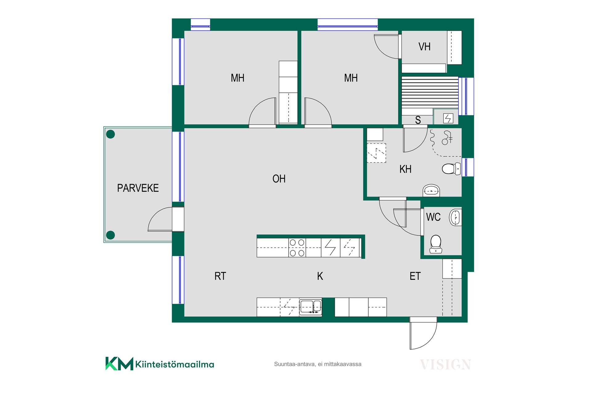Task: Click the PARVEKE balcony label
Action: [138, 188]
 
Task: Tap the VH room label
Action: [424, 47]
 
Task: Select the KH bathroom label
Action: [405, 169]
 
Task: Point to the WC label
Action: [433, 217]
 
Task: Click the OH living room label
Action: [279, 179]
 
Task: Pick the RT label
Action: [220, 276]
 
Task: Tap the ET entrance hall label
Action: [415, 276]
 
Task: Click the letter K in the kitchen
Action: [320, 276]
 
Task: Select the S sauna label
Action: [418, 120]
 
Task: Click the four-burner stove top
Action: [297, 248]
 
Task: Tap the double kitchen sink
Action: [310, 307]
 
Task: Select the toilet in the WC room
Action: [436, 244]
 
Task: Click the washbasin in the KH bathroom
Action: [431, 190]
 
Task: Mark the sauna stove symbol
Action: [448, 118]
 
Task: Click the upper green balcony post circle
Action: [110, 134]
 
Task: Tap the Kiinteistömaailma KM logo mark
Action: [119, 364]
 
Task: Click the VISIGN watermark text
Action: [445, 365]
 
